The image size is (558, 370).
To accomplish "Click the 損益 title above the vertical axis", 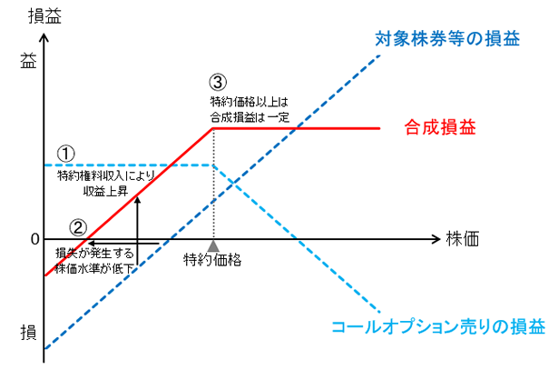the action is click(44, 16).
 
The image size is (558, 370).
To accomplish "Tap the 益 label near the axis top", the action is click(28, 61).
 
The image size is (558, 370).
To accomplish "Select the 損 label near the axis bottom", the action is click(28, 333).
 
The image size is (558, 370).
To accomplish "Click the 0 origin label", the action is click(34, 239).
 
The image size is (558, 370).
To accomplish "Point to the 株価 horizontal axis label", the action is click(462, 238).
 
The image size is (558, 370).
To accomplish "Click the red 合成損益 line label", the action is click(440, 127).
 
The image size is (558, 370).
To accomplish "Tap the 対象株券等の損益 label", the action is click(447, 38).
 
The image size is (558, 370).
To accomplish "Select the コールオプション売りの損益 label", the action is click(438, 326).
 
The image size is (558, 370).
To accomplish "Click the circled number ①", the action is click(66, 154).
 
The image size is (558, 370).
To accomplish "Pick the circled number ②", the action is click(78, 227).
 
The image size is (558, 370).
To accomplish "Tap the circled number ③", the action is click(218, 82).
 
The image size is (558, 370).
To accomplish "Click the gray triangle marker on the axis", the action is click(213, 246).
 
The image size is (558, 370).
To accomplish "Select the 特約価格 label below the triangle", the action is click(212, 259).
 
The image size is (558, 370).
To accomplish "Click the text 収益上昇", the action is click(105, 192).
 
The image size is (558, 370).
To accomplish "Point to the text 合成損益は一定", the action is click(250, 117).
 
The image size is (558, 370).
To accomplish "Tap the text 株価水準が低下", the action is click(94, 268).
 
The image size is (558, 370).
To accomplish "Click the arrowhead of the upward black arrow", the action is click(137, 200).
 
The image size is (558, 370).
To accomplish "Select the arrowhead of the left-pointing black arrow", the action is click(92, 244).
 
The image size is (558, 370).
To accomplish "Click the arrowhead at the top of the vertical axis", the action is click(44, 37).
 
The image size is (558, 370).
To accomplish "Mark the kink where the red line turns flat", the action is click(213, 128).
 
